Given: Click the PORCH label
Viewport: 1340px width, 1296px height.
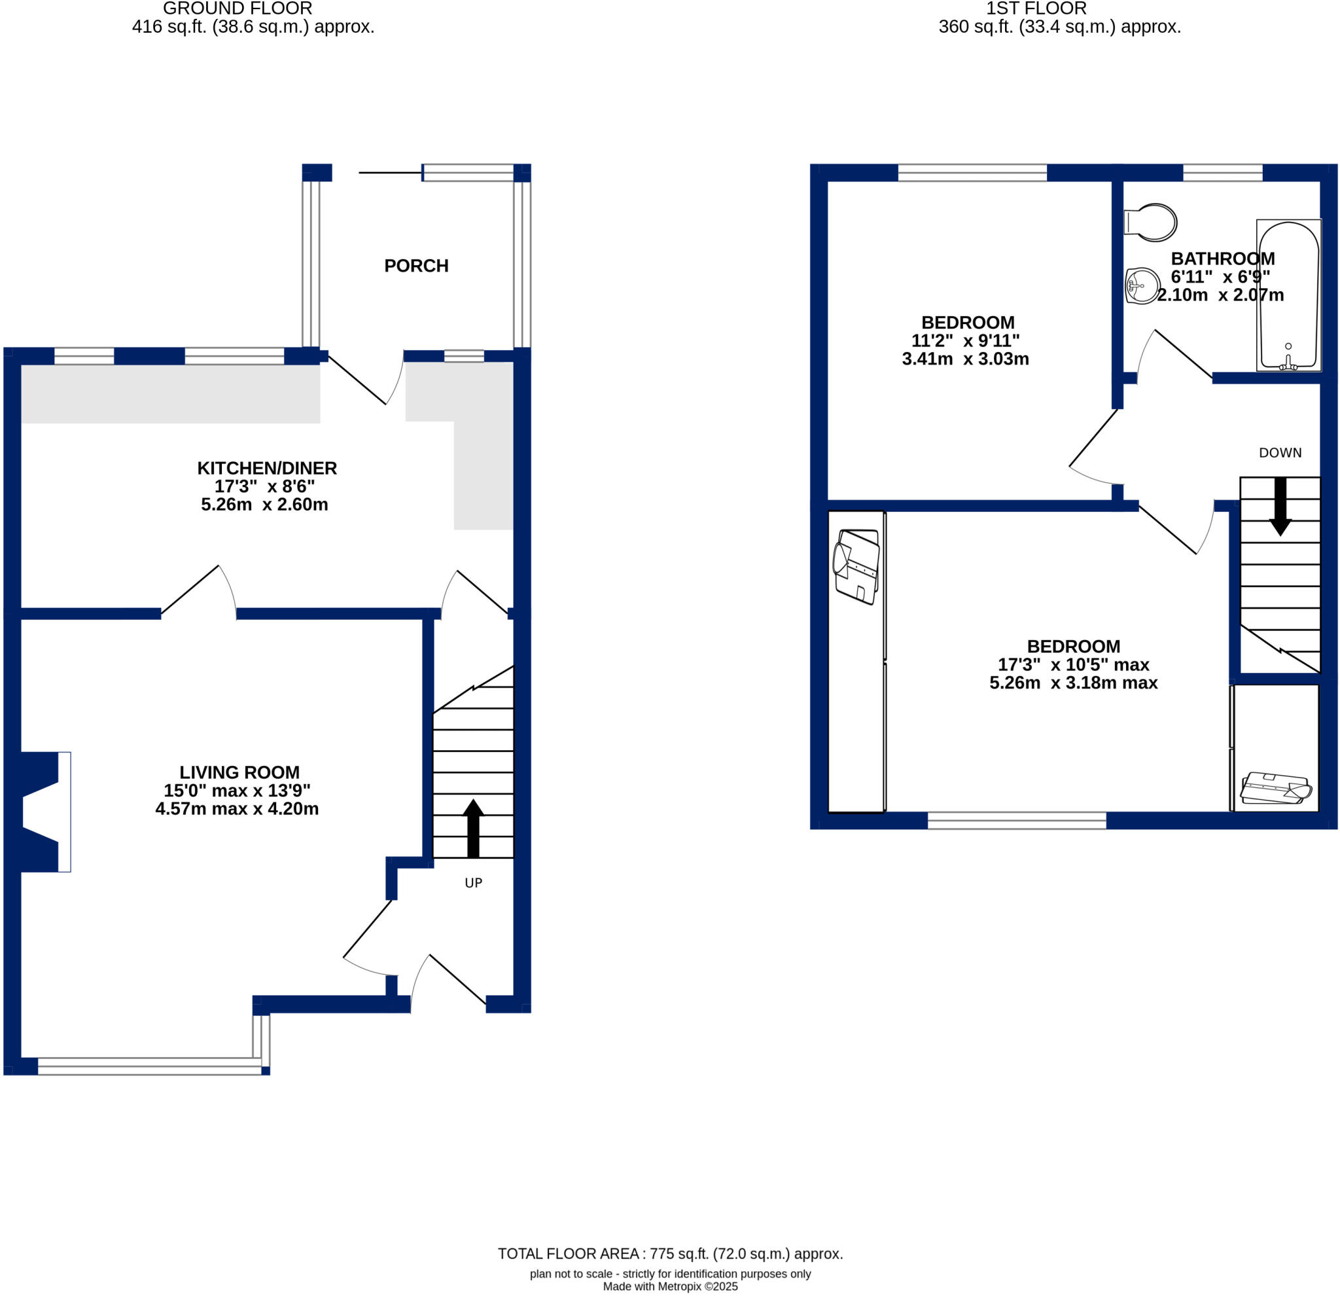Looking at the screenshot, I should coord(415,265).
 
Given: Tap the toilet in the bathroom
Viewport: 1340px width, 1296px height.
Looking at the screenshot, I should coord(1154,223).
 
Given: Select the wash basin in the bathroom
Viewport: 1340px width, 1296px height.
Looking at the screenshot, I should coord(1142,286).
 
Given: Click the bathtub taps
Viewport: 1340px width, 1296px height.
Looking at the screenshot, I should coord(1288,363).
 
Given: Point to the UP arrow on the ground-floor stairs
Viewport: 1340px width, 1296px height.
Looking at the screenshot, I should coord(473,827).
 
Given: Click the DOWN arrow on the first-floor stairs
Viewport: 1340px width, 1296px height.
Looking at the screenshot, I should coord(1280,507).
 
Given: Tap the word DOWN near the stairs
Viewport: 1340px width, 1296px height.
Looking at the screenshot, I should coord(1280,453).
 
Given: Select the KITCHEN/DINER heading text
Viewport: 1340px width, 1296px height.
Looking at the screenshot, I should coord(267,469).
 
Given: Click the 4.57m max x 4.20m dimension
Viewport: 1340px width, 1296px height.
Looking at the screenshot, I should coord(237,809).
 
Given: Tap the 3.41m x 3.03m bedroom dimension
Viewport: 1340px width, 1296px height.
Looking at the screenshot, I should coord(964,359).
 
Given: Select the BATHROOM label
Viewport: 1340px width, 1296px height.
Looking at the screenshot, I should coord(1222,259).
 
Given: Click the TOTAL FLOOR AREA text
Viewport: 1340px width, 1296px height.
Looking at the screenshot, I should coord(669,1253).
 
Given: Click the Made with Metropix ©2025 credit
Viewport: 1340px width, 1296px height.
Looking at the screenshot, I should coord(669,1286).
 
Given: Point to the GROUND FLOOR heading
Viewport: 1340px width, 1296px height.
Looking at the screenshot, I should coord(238,9).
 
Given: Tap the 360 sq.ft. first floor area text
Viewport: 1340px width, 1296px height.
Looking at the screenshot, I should coord(1059,27).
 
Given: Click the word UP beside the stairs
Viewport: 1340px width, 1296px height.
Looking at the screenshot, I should coord(473,883).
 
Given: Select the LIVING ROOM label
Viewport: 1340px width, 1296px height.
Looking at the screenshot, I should coord(239,772).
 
